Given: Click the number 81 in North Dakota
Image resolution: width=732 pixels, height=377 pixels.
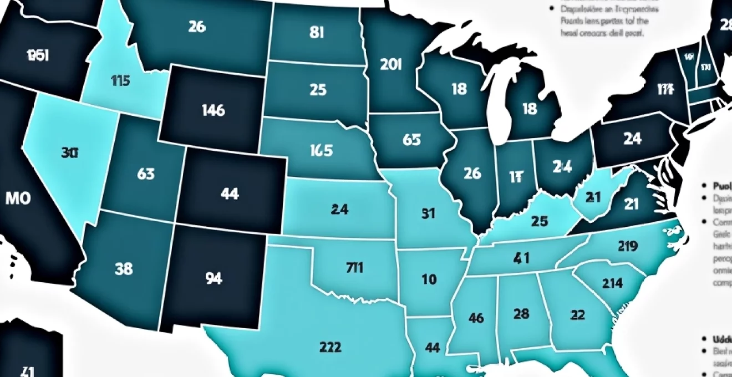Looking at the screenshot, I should point(316,33).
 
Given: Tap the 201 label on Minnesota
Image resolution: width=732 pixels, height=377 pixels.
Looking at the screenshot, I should point(391,64).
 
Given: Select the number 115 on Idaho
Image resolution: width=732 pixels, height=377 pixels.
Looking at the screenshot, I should point(120,81).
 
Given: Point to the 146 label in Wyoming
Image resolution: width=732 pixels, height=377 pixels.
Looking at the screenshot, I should point(213,110).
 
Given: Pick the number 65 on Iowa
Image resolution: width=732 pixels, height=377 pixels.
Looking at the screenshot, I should point(411,140).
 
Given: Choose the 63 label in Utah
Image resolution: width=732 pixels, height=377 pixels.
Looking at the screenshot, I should point(145,174).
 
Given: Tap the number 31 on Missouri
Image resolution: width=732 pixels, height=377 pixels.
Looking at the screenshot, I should point(428,213).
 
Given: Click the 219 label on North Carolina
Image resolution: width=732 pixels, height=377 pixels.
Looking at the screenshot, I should point(627,246).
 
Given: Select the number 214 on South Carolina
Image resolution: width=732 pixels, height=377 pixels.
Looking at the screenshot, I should point(612,283).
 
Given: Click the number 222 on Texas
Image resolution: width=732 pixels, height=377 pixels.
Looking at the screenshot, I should point(331,348).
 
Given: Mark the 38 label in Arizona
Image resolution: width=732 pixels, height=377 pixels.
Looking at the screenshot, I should point(123,269).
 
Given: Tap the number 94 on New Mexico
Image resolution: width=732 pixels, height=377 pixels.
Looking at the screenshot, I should point(213,279).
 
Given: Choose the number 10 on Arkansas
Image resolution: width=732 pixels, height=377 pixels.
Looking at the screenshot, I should point(429,279).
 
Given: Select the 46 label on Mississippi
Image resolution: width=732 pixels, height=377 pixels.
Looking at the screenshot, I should point(476,318).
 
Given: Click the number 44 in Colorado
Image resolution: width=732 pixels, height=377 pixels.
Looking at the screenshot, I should point(229,193).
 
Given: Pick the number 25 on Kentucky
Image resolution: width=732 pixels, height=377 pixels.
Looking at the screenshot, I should point(539,221).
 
